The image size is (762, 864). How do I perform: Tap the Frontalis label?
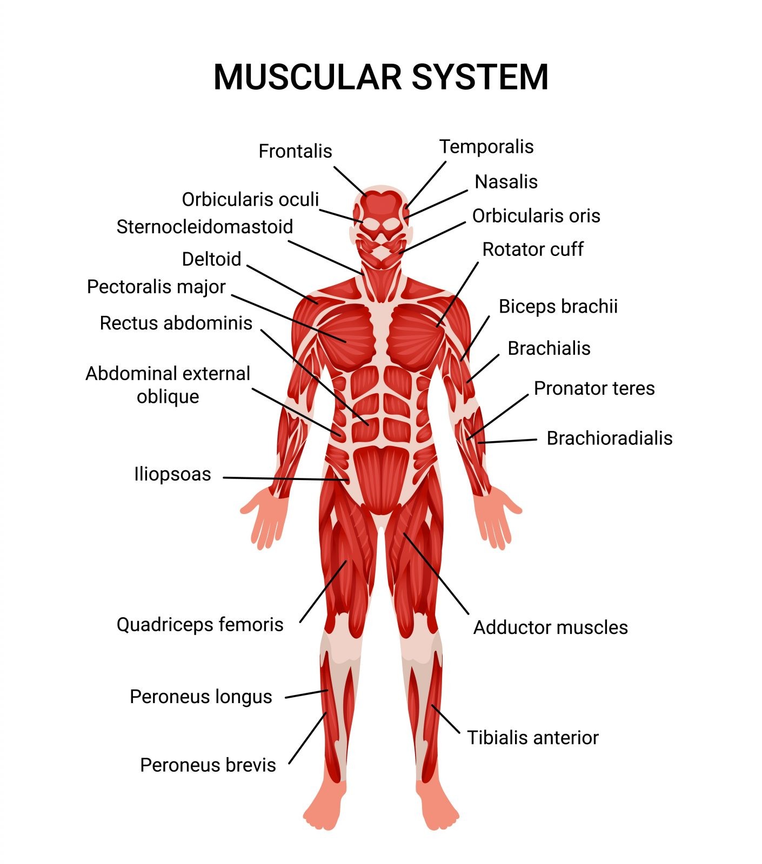[295, 151]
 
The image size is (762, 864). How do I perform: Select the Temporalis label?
[486, 146]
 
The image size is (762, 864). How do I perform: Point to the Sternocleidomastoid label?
[205, 227]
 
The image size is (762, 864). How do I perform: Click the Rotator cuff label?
[532, 249]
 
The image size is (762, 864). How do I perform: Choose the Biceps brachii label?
[558, 307]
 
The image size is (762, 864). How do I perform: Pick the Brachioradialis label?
[610, 438]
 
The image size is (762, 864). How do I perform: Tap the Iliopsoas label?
[172, 474]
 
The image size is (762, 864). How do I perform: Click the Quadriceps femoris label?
[200, 625]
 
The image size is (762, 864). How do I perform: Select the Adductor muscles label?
[550, 627]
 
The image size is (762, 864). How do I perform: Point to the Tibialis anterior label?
[533, 738]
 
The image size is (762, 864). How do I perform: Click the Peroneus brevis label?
[208, 765]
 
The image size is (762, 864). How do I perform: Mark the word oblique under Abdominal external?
[168, 397]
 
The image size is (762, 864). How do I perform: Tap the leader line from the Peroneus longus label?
[306, 694]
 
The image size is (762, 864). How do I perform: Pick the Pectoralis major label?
[156, 287]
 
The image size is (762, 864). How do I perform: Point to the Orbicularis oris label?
[536, 216]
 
